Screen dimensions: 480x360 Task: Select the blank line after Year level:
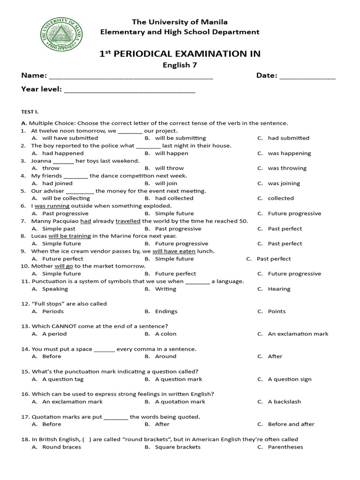(129, 91)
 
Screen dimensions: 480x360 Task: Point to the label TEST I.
(29, 112)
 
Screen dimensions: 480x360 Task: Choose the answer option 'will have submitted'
(70, 138)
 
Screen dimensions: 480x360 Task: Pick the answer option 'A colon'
(165, 334)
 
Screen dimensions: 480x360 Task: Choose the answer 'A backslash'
(284, 402)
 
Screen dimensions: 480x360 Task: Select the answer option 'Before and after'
(291, 424)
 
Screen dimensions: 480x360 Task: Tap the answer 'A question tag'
(63, 379)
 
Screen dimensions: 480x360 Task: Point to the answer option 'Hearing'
(279, 289)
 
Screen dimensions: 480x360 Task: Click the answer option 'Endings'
(166, 311)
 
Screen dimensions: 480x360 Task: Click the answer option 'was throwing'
(287, 168)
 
